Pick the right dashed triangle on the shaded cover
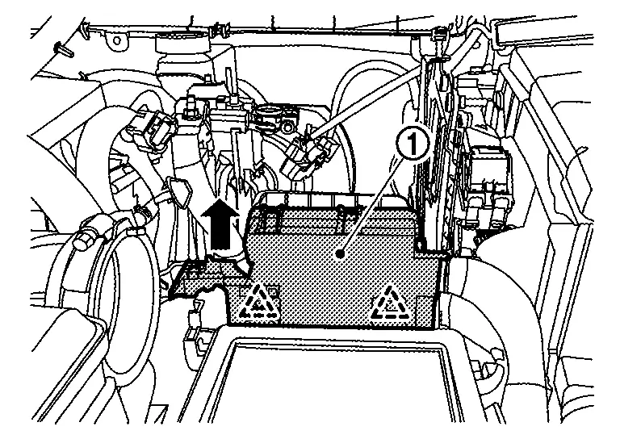[x=389, y=300]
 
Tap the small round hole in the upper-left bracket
[x=119, y=39]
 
